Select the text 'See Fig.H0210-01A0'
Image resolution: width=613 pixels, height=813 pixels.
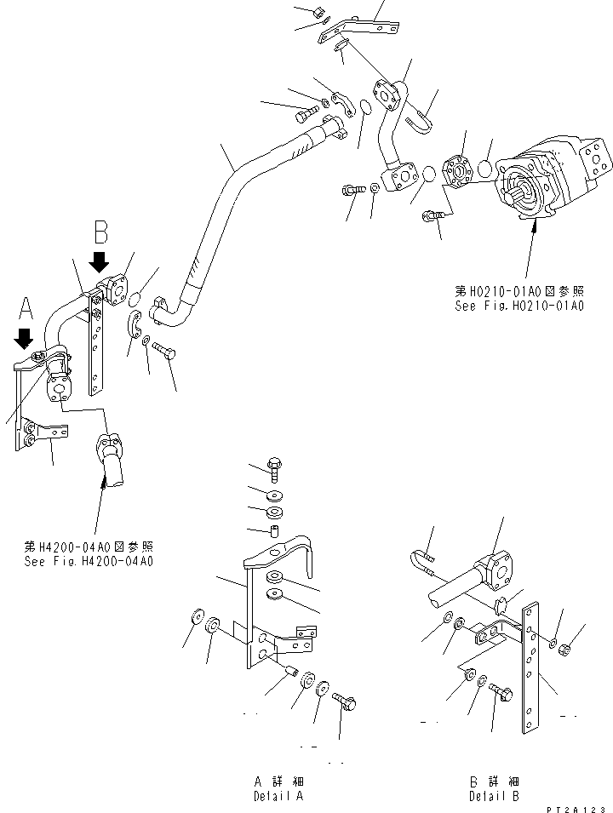[x=518, y=305]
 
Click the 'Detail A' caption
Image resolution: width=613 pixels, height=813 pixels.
[x=278, y=796]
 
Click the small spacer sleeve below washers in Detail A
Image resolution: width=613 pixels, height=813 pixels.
[x=276, y=533]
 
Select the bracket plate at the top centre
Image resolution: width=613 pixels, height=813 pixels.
[x=358, y=30]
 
